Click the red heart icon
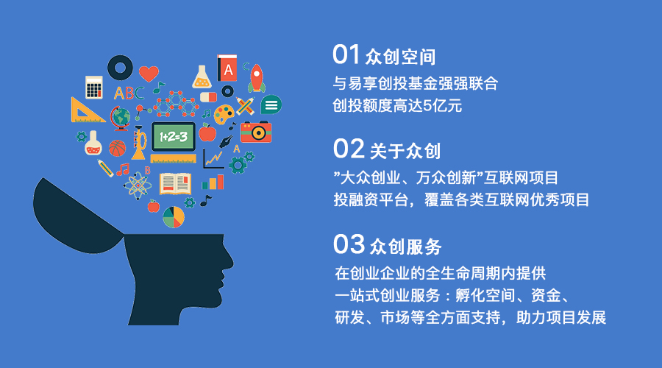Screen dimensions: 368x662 [149, 73]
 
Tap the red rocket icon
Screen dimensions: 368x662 [256, 77]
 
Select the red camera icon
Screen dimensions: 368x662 [256, 131]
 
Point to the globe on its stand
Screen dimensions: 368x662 [120, 116]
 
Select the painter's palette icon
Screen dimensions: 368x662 [225, 113]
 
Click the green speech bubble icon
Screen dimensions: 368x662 [271, 105]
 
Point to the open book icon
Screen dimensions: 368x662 [174, 183]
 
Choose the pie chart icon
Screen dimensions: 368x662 [174, 216]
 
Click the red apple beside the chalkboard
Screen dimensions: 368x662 [207, 132]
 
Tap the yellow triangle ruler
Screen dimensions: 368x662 [87, 110]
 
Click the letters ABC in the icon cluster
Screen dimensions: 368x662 [129, 93]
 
